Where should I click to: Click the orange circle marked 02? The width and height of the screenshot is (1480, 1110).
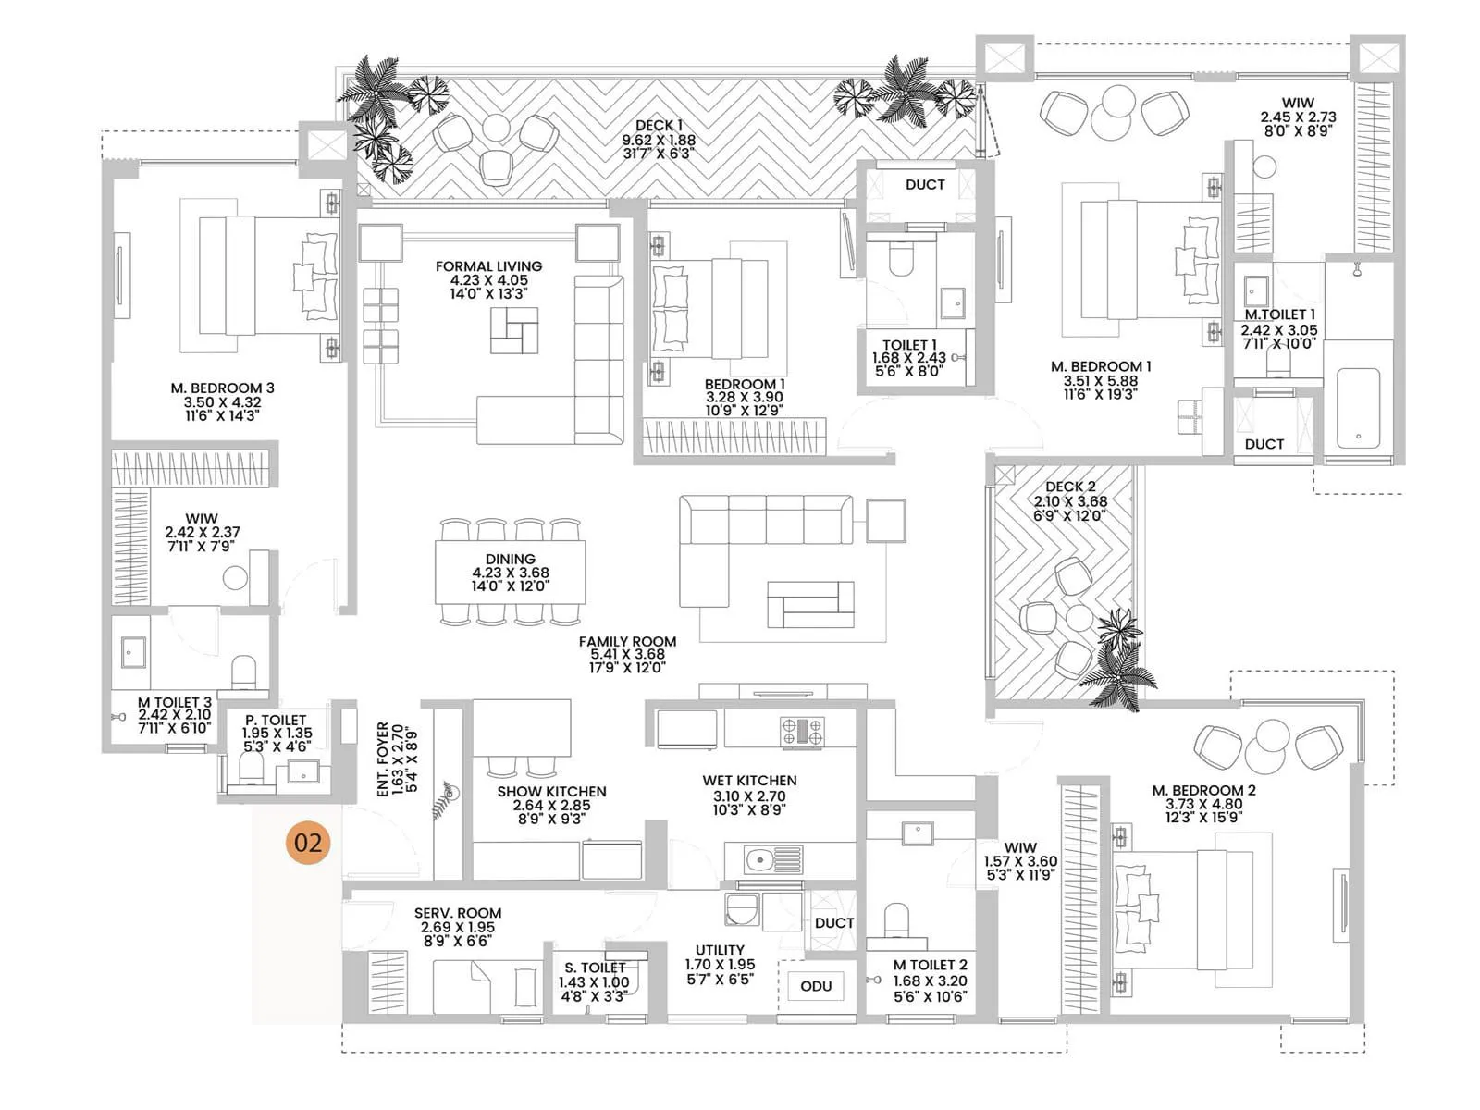pos(308,842)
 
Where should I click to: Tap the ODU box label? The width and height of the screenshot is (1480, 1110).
pos(815,986)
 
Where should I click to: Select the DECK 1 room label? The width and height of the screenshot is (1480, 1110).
pos(659,126)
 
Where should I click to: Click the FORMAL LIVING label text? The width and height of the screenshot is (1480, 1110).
pos(488,266)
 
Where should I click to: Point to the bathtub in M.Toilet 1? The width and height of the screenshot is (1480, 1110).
pos(1356,408)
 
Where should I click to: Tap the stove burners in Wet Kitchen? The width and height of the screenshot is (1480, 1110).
pos(802,732)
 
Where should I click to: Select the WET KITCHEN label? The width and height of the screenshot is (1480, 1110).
pos(749,781)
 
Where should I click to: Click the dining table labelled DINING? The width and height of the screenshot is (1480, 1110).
pos(510,573)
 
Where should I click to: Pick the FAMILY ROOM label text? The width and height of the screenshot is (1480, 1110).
pos(627,641)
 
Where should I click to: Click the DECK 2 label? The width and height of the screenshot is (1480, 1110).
pos(1070,487)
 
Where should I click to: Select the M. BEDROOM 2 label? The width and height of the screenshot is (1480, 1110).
pos(1203,790)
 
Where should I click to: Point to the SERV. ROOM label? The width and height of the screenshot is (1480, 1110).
pos(457,913)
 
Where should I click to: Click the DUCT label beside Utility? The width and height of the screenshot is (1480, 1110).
pos(833,923)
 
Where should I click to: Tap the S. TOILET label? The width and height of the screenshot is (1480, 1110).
pos(595,968)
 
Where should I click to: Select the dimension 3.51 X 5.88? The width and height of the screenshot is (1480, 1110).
pos(1101,380)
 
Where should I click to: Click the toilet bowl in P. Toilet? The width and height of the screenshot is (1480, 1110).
pos(252,769)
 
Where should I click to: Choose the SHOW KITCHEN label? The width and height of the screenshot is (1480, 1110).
pos(551,792)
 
